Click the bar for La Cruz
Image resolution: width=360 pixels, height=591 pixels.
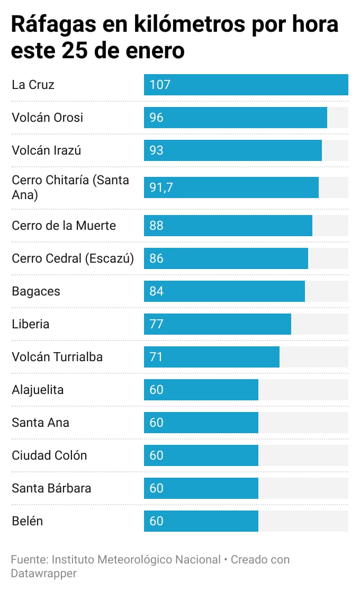(x=246, y=85)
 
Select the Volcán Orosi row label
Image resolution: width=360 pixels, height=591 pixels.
(x=47, y=118)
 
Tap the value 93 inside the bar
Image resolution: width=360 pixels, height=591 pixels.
(x=156, y=150)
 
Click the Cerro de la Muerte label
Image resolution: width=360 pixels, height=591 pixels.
(x=64, y=226)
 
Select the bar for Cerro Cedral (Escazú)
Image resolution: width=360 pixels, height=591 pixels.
(x=226, y=258)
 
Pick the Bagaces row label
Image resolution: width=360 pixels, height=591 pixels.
(x=36, y=291)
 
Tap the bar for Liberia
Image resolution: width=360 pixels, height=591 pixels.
(x=217, y=324)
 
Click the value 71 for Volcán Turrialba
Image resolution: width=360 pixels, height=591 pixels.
(x=156, y=357)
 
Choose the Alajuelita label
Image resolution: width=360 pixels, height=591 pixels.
(x=38, y=390)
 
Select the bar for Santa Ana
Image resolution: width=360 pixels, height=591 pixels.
(x=201, y=423)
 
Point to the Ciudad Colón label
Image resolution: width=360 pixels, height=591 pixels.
(x=49, y=455)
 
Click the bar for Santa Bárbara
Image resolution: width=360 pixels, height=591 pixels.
(x=201, y=488)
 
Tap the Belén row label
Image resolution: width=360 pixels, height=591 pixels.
(x=27, y=521)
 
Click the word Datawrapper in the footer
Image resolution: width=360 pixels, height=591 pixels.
(x=43, y=574)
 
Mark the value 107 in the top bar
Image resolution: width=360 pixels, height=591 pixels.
(x=160, y=85)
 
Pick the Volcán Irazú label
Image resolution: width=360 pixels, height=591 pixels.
(x=46, y=150)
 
